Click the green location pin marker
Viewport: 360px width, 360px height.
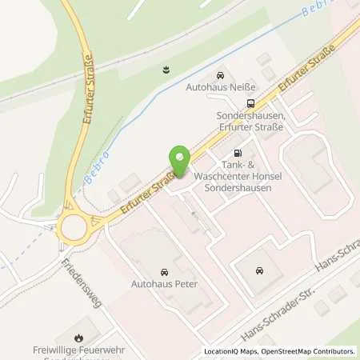click(180, 159)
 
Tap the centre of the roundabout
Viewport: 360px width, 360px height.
click(74, 227)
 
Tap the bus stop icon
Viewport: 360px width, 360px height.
click(251, 102)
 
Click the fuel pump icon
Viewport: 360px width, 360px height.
click(237, 153)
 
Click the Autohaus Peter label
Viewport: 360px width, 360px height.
click(164, 284)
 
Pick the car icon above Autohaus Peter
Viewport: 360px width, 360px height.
click(165, 271)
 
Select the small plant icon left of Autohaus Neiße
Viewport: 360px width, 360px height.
click(166, 69)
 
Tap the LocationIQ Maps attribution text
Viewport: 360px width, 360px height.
click(232, 351)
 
